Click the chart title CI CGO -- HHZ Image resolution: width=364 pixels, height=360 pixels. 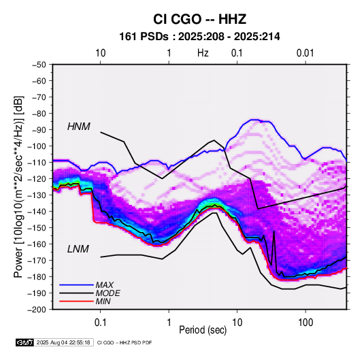(199, 19)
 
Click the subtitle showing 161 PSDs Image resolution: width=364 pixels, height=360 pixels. (199, 37)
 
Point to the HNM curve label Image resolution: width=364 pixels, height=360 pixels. (79, 127)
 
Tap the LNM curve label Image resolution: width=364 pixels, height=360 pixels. (78, 249)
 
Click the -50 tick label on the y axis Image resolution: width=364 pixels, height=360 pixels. (39, 65)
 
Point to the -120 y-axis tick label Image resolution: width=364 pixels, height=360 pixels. (37, 179)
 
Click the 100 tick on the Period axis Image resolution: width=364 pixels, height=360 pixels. (305, 323)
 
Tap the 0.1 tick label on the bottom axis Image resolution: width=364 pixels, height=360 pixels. (100, 323)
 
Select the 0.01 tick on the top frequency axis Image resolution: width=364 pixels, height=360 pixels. (305, 53)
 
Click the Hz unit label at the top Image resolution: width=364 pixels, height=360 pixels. (203, 53)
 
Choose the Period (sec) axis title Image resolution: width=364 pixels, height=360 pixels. (203, 330)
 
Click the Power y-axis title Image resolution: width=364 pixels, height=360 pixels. (18, 187)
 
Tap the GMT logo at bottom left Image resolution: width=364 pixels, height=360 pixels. (24, 342)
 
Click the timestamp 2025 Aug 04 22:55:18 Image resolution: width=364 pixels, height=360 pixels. (63, 342)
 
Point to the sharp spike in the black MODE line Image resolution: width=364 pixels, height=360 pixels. (274, 231)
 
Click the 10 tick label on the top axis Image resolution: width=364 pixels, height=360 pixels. (101, 53)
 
